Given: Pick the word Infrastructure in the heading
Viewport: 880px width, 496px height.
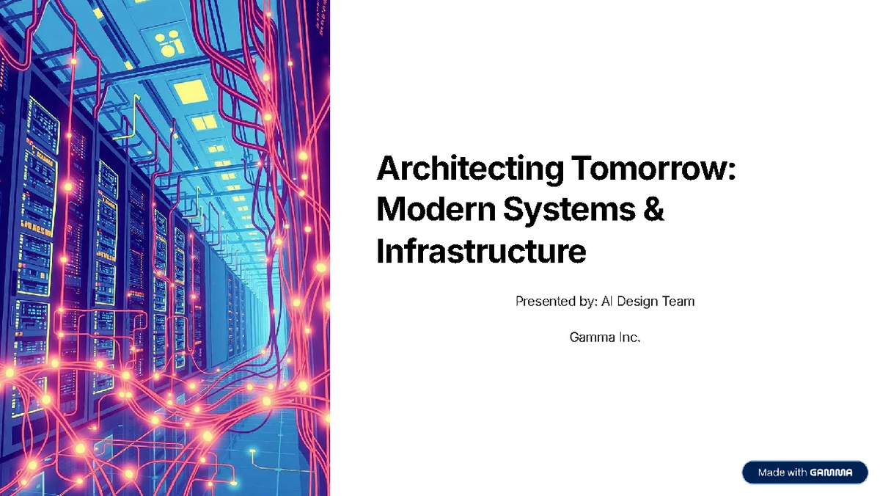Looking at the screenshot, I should pyautogui.click(x=481, y=251).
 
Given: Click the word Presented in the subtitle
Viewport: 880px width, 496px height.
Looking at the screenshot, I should pyautogui.click(x=543, y=301).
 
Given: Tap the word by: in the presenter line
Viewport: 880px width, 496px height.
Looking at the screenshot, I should pyautogui.click(x=587, y=301).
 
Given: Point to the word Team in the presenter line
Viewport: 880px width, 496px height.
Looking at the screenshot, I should pyautogui.click(x=679, y=301).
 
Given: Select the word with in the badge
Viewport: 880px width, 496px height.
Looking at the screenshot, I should pyautogui.click(x=797, y=473).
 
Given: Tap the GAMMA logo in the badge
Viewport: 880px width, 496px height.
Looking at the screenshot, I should pyautogui.click(x=832, y=473).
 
